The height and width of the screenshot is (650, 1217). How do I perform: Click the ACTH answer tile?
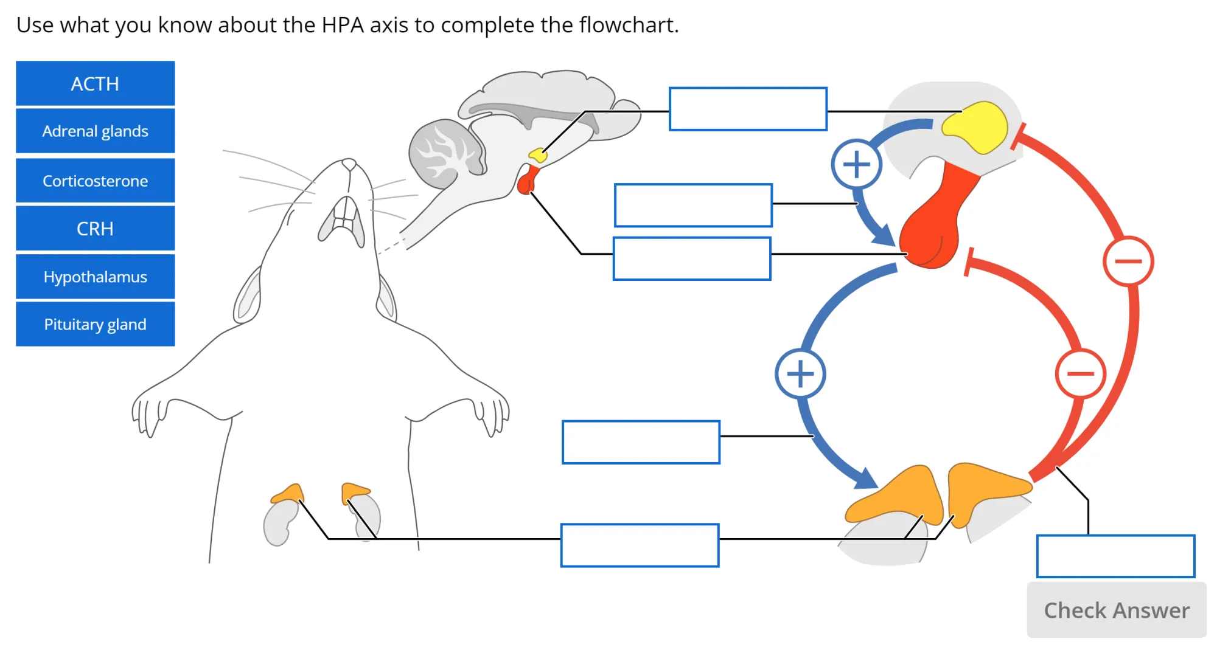pos(95,83)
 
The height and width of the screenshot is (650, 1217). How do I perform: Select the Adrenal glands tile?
pos(95,131)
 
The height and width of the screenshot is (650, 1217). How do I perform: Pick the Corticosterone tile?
pos(95,181)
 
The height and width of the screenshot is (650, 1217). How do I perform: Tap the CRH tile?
pos(95,228)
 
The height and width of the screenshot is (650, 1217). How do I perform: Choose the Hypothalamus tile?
pos(95,277)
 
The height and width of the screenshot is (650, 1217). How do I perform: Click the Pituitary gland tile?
pos(95,324)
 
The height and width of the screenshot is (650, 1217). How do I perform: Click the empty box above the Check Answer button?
pos(1115,556)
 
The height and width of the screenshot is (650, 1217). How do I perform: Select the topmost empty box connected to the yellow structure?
pos(748,109)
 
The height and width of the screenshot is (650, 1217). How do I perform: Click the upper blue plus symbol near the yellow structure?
pos(856,164)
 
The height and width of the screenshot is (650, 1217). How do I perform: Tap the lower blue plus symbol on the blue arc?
pos(800,373)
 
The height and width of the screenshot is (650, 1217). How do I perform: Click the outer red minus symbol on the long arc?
pos(1128,261)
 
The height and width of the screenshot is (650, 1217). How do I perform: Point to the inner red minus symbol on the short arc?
pos(1080,373)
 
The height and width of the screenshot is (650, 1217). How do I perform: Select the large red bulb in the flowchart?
pos(928,234)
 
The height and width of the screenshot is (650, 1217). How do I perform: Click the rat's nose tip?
pos(349,164)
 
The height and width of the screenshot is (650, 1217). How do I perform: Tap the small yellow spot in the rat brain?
pos(538,155)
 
